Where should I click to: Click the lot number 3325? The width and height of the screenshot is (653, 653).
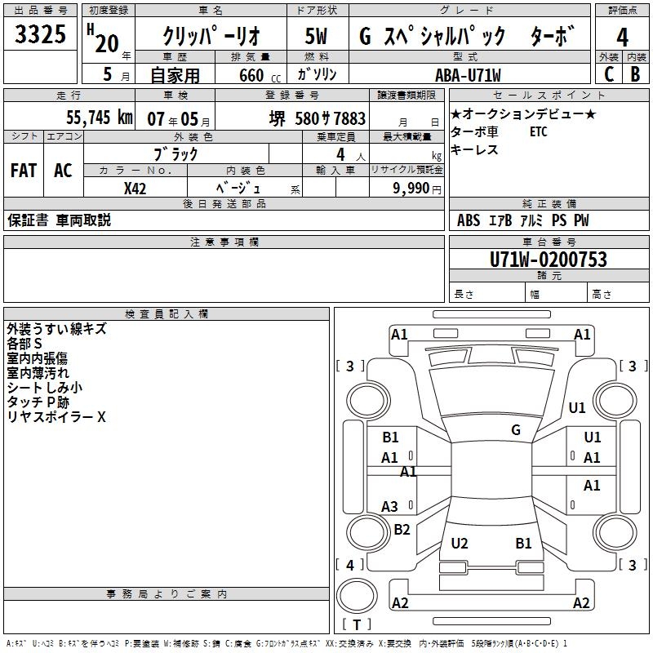point(40,36)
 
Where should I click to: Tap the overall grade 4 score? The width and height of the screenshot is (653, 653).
point(623,38)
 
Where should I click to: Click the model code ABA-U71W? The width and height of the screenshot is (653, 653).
point(469,74)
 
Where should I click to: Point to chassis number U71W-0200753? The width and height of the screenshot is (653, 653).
point(549,260)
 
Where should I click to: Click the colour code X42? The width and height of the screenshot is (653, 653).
point(135,189)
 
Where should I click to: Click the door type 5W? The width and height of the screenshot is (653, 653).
point(317,38)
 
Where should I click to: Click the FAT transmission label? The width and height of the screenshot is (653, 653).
point(24,171)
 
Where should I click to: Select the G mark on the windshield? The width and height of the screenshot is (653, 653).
point(516,430)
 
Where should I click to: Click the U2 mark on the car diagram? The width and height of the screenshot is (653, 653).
point(460,543)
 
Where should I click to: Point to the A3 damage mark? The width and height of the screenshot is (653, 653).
point(390,507)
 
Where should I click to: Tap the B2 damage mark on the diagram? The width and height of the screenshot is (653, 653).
point(402,530)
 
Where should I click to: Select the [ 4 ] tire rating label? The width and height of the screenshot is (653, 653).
point(350,564)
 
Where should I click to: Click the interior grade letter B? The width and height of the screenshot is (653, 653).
point(635,73)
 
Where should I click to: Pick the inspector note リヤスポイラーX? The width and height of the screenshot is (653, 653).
point(56,417)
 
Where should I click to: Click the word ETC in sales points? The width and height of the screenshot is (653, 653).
point(539,132)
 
